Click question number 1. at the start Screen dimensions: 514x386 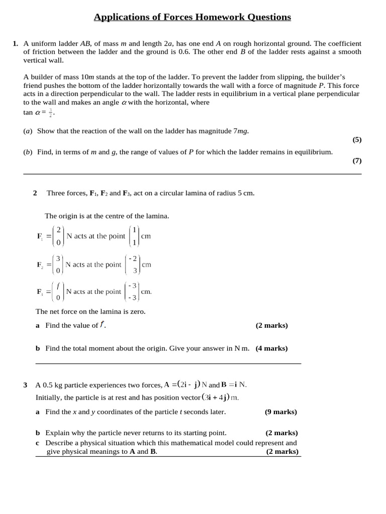pyautogui.click(x=16, y=44)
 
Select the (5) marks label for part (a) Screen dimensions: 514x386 pyautogui.click(x=356, y=140)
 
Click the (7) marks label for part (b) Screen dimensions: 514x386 pyautogui.click(x=356, y=161)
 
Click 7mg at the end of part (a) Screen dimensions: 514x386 pyautogui.click(x=240, y=131)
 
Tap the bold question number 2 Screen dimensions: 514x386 pyautogui.click(x=35, y=193)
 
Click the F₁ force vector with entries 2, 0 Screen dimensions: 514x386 pyautogui.click(x=58, y=236)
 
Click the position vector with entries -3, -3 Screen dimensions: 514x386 pyautogui.click(x=133, y=291)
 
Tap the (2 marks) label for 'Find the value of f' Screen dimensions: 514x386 pyautogui.click(x=271, y=325)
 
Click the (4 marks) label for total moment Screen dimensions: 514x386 pyautogui.click(x=271, y=348)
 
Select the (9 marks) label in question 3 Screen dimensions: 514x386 pyautogui.click(x=280, y=412)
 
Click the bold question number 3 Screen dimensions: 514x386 pyautogui.click(x=25, y=385)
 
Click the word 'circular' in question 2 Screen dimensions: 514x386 pyautogui.click(x=178, y=193)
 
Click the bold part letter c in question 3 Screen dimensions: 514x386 pyautogui.click(x=38, y=443)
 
